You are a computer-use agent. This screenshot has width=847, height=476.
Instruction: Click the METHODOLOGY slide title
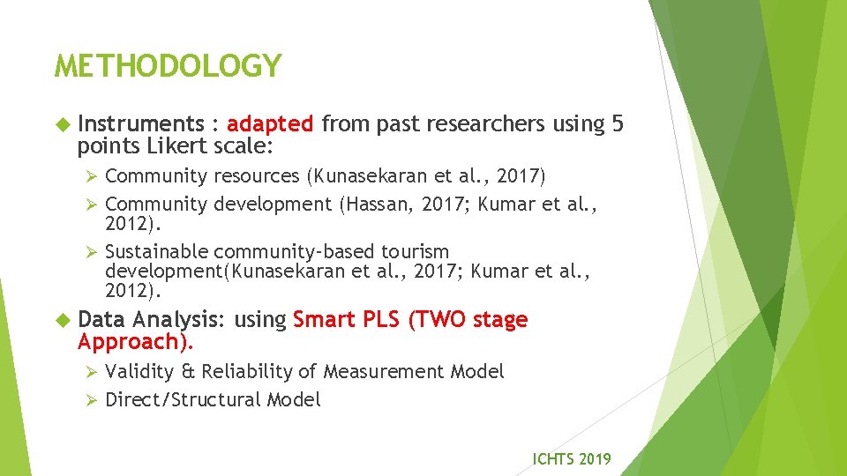pyautogui.click(x=168, y=66)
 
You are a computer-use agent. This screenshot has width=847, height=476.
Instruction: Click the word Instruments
pyautogui.click(x=140, y=124)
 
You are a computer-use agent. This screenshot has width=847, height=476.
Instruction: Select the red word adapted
pyautogui.click(x=269, y=124)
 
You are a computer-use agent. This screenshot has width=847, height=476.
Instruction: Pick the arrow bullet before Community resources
pyautogui.click(x=87, y=177)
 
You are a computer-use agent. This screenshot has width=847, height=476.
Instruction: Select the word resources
pyautogui.click(x=257, y=177)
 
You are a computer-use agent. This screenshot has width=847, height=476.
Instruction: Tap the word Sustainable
pyautogui.click(x=156, y=252)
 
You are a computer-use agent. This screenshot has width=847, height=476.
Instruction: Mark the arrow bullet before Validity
pyautogui.click(x=87, y=372)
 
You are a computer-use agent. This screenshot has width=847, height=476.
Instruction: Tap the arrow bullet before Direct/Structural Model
pyautogui.click(x=87, y=400)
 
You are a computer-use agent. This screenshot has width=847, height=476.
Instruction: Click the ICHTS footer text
pyautogui.click(x=571, y=458)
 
